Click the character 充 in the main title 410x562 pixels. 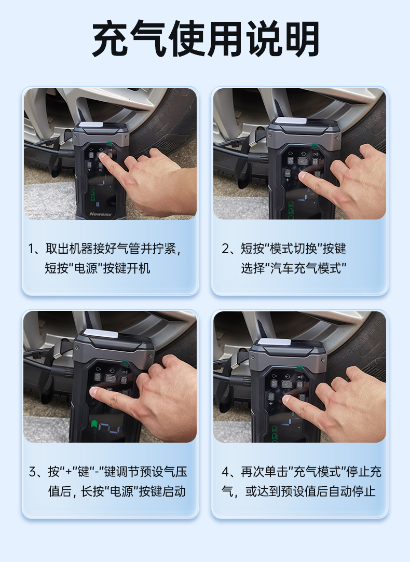(x=111, y=39)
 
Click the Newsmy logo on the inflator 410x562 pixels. (x=100, y=214)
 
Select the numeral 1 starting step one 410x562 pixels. (x=32, y=249)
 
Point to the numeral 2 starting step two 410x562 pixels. (x=225, y=249)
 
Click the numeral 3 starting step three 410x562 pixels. (x=33, y=472)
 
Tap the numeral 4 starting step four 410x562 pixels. (x=225, y=472)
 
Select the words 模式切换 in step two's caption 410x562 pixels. (x=293, y=249)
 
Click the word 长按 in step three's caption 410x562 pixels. (x=92, y=491)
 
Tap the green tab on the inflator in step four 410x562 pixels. (x=298, y=368)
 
